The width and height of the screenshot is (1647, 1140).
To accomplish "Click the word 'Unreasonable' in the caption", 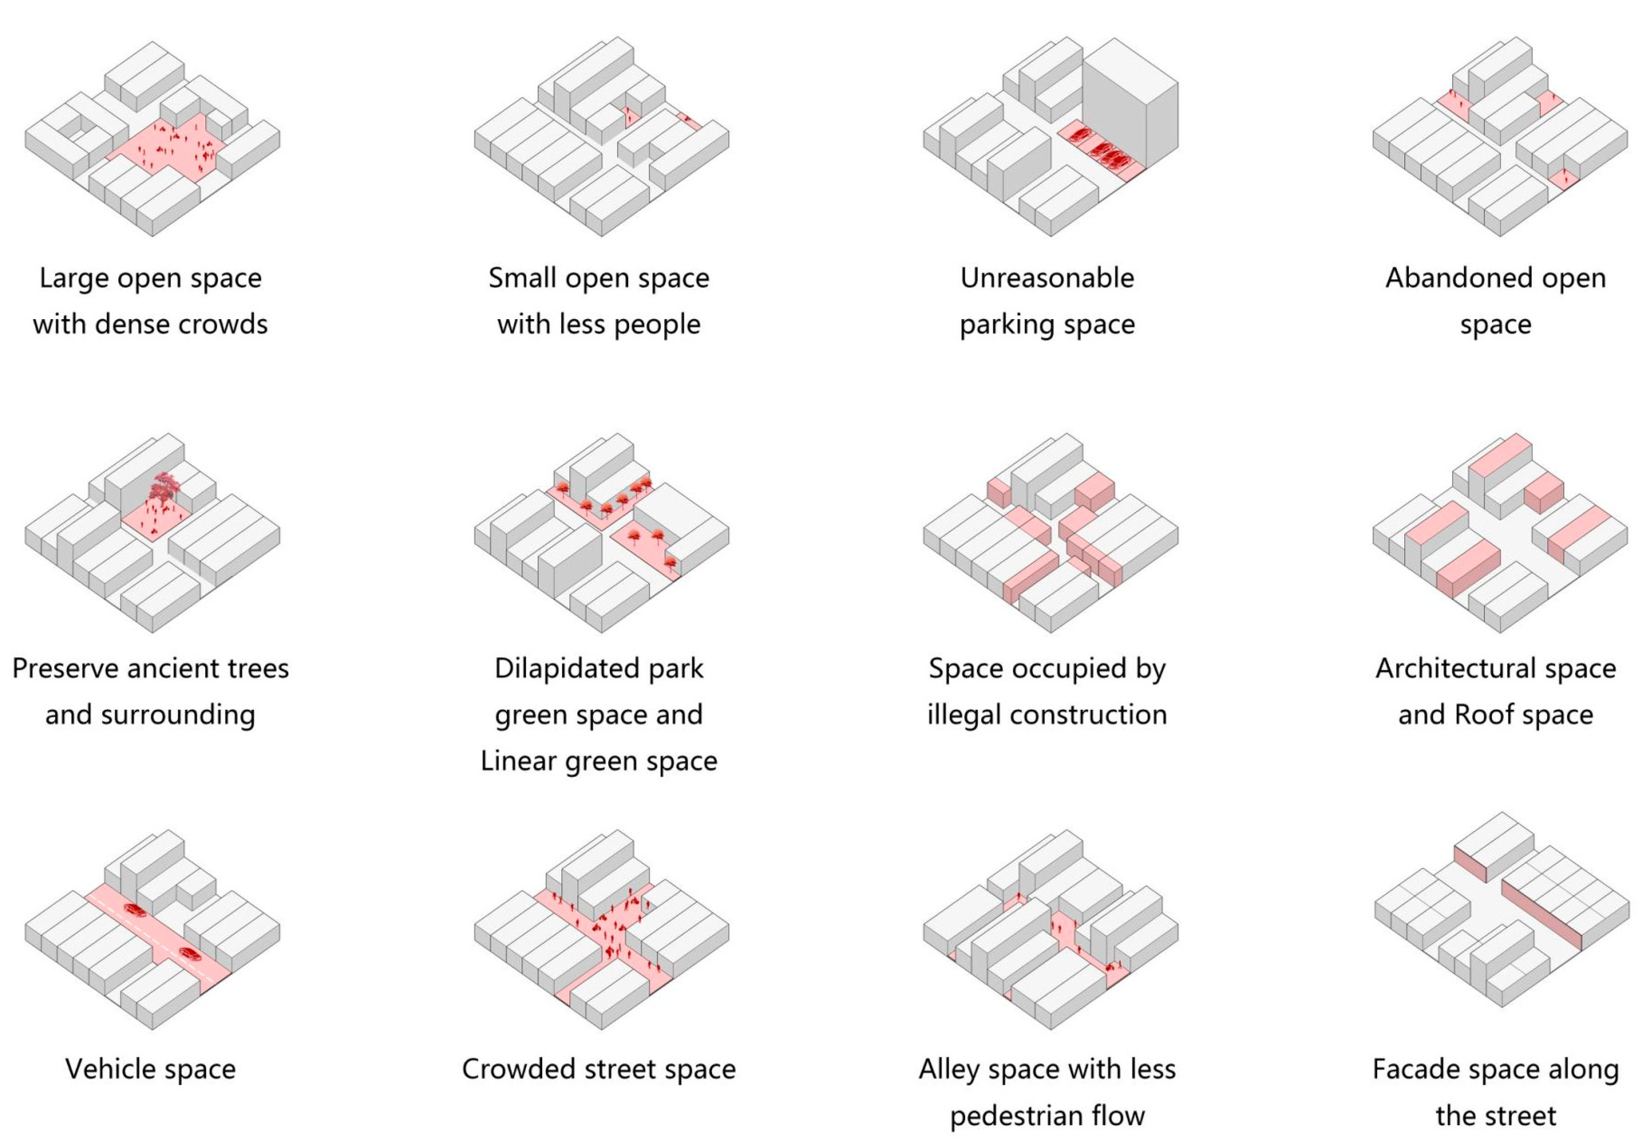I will tap(1047, 278).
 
